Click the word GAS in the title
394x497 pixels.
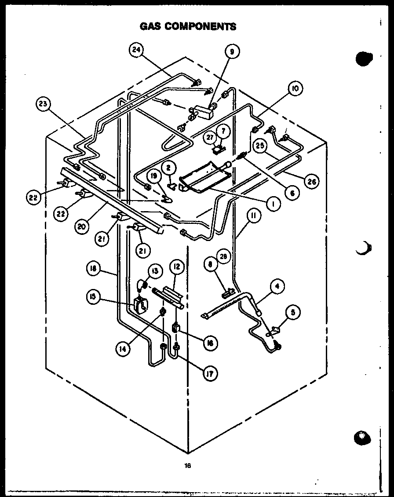150,26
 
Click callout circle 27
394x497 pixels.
209,137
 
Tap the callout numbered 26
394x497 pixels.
311,180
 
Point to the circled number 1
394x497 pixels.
274,204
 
